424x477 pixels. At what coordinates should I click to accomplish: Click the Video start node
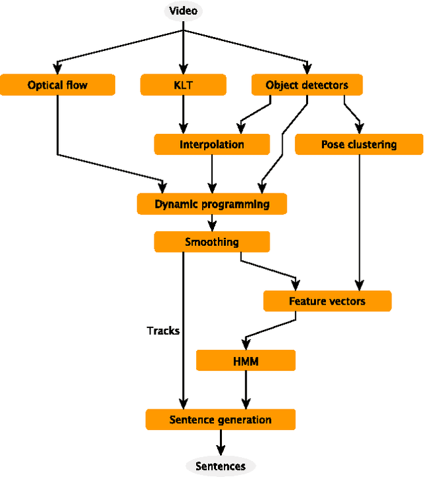pyautogui.click(x=184, y=11)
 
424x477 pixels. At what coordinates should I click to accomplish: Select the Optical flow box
pyautogui.click(x=58, y=85)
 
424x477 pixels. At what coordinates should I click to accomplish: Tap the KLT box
pyautogui.click(x=184, y=85)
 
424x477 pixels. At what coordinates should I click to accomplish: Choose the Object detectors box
pyautogui.click(x=306, y=85)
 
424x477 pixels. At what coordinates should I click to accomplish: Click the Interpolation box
pyautogui.click(x=212, y=144)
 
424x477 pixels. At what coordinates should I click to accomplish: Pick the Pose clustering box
pyautogui.click(x=358, y=144)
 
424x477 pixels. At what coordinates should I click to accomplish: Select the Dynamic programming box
pyautogui.click(x=212, y=204)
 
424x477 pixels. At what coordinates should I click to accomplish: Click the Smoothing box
pyautogui.click(x=212, y=242)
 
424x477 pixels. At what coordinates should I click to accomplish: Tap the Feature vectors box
pyautogui.click(x=327, y=301)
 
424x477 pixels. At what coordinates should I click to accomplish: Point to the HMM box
pyautogui.click(x=246, y=360)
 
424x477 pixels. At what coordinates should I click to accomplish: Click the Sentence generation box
pyautogui.click(x=221, y=419)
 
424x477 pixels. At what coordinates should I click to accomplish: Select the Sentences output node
pyautogui.click(x=221, y=466)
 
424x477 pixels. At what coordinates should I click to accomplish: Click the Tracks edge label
pyautogui.click(x=163, y=330)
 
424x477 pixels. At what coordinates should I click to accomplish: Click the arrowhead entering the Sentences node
pyautogui.click(x=221, y=452)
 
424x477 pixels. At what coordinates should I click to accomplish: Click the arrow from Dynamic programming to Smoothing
pyautogui.click(x=212, y=223)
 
